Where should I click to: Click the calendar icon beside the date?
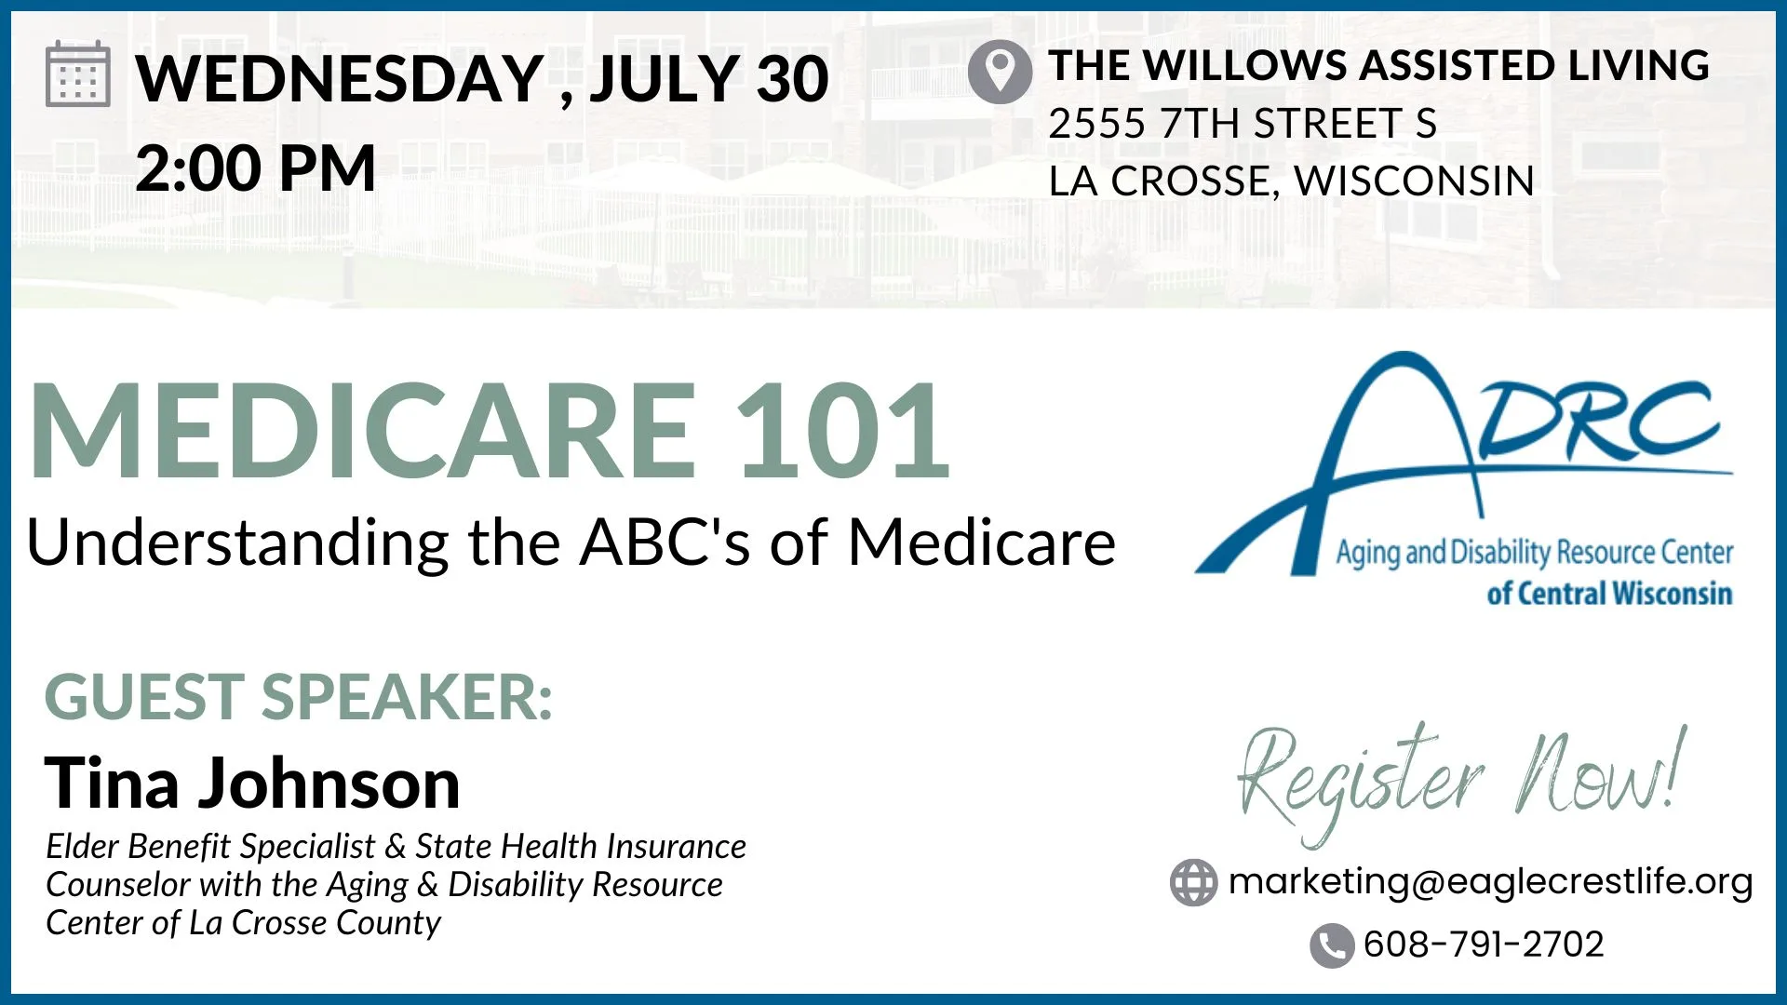tap(78, 74)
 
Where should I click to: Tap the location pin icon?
tap(1000, 72)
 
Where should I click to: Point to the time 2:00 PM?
tap(255, 168)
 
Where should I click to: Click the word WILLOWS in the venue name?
tap(1248, 65)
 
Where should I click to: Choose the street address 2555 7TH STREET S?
tap(1243, 123)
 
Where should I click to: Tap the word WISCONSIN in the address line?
tap(1414, 181)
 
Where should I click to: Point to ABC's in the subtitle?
tap(665, 542)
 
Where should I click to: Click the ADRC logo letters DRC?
tap(1597, 421)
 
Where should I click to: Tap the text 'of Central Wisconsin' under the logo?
tap(1609, 593)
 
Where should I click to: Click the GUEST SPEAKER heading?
tap(299, 696)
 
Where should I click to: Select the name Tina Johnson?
tap(252, 784)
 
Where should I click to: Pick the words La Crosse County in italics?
tap(315, 922)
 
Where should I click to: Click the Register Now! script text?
tap(1461, 780)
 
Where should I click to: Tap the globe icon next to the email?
tap(1193, 882)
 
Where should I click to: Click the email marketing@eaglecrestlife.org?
tap(1491, 880)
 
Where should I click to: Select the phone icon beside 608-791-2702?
tap(1332, 945)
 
